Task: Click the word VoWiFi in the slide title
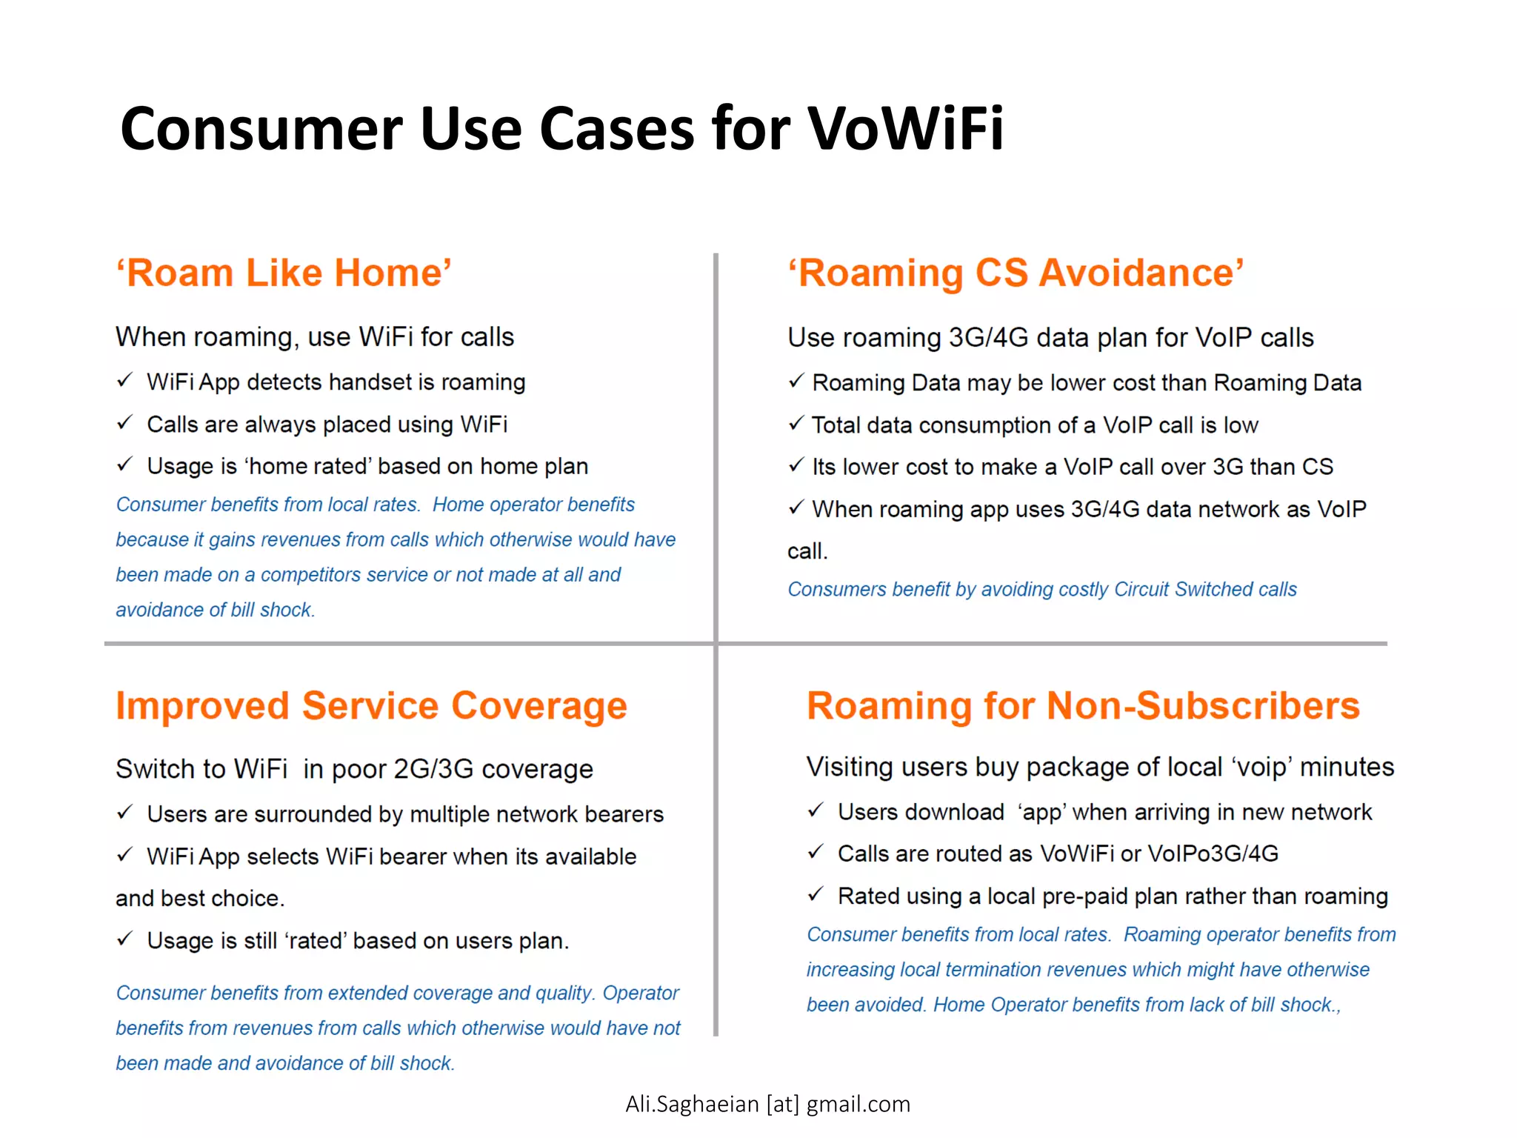(x=904, y=129)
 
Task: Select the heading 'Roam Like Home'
(x=284, y=273)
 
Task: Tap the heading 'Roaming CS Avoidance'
(x=1016, y=273)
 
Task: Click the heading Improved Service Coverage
(x=371, y=705)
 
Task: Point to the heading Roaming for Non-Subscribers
(x=1083, y=705)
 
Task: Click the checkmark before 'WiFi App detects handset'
(x=124, y=381)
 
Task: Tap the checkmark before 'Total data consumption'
(x=796, y=424)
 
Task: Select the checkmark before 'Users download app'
(x=815, y=811)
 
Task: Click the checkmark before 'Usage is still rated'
(x=124, y=939)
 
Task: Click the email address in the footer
(x=767, y=1104)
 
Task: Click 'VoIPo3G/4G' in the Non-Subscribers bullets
(x=1213, y=853)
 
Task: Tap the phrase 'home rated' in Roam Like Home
(x=309, y=466)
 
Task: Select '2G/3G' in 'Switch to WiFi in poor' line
(x=433, y=769)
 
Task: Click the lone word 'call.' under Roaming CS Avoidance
(x=807, y=551)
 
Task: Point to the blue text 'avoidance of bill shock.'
(x=215, y=610)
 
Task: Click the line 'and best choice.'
(x=200, y=898)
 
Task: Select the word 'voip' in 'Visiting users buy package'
(x=1261, y=767)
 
